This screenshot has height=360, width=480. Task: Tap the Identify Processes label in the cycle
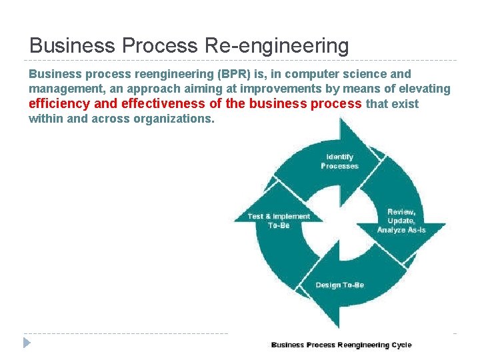point(339,161)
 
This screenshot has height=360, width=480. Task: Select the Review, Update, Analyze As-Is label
point(401,221)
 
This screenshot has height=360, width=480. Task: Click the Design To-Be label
point(339,285)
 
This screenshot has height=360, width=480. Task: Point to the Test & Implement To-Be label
point(279,221)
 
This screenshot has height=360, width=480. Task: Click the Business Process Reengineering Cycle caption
point(341,345)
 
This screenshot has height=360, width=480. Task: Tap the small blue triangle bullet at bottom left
point(27,343)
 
